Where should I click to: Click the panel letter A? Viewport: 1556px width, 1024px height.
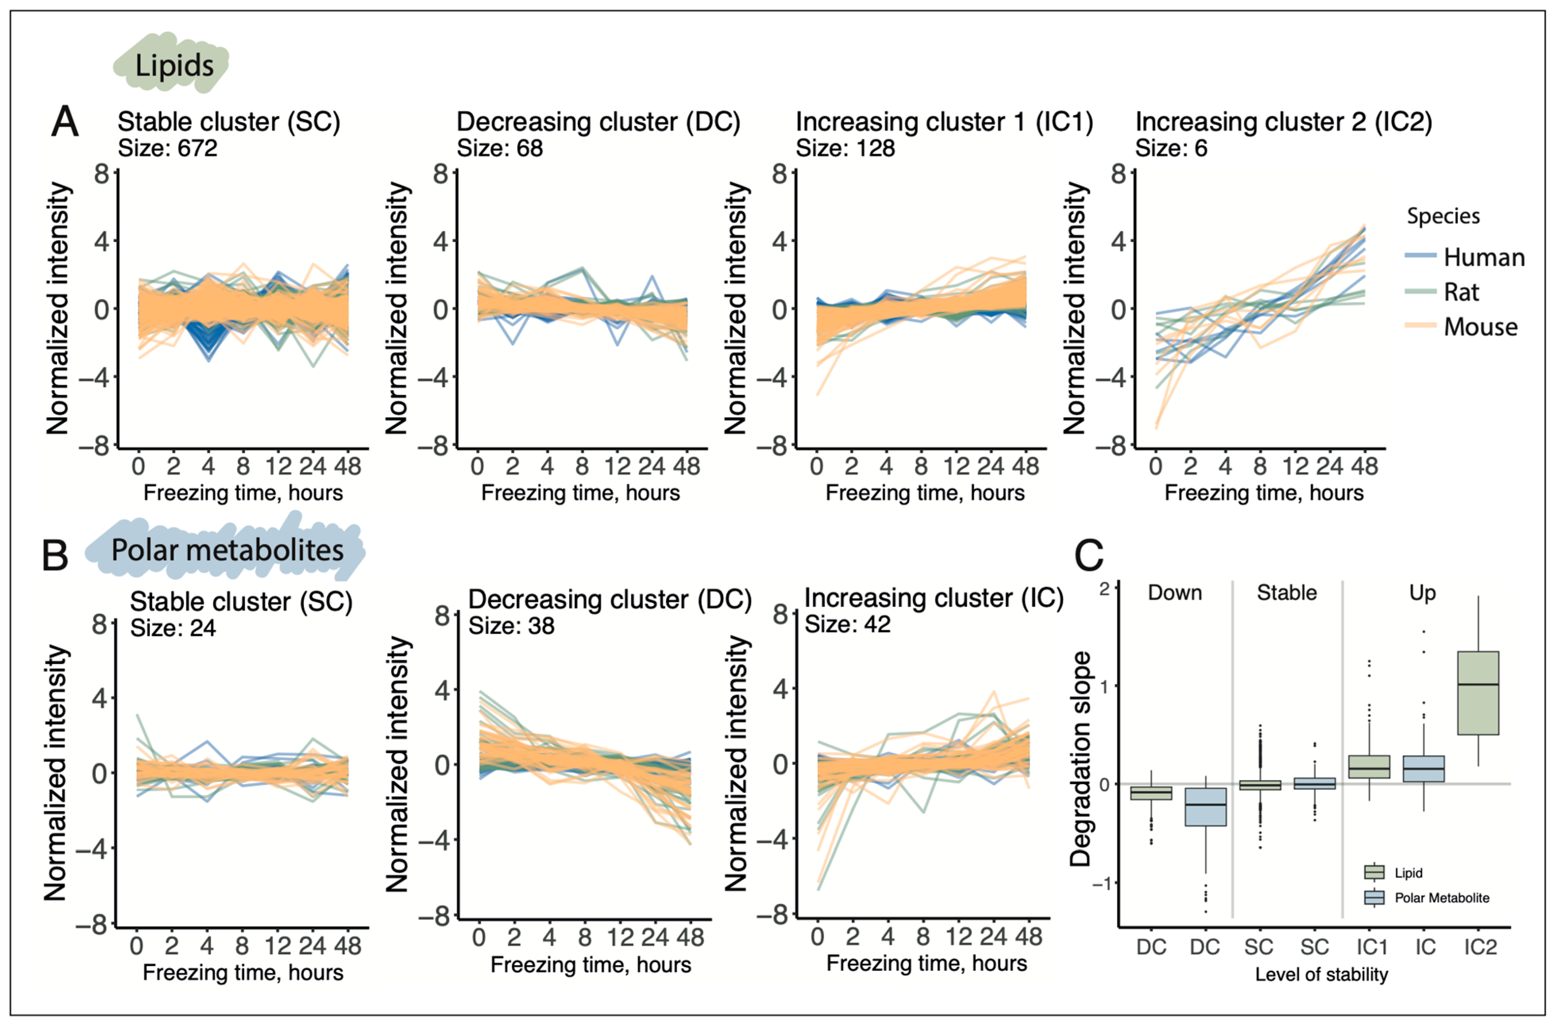click(x=65, y=121)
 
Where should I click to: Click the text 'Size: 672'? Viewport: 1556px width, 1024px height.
click(x=168, y=148)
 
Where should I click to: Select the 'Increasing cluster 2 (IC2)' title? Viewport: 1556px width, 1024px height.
click(x=1283, y=121)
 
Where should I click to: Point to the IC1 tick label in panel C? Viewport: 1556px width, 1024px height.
click(x=1372, y=947)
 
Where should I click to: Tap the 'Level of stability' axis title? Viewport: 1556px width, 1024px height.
click(x=1321, y=974)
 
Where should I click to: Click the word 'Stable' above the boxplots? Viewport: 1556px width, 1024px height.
click(x=1287, y=592)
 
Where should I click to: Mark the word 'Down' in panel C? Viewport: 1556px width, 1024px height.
click(x=1175, y=592)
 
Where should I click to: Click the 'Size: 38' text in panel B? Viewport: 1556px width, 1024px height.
click(x=511, y=626)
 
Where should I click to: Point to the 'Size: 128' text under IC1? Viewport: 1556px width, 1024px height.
click(x=845, y=148)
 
